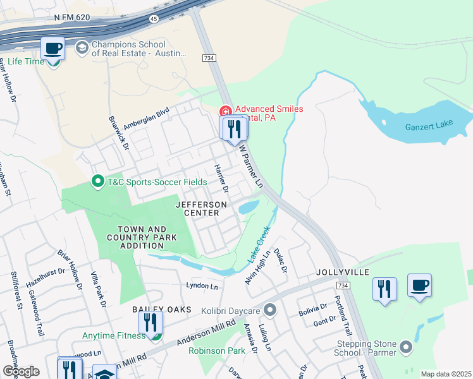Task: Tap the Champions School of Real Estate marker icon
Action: (82, 48)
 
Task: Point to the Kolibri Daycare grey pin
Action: (271, 310)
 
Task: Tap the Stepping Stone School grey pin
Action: (406, 347)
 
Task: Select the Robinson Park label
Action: (216, 350)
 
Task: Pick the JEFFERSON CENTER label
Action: (200, 209)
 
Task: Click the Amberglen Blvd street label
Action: (147, 117)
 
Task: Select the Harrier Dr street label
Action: (221, 179)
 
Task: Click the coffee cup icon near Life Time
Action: (53, 48)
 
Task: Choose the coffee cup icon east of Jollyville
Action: (419, 286)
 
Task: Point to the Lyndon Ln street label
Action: (202, 286)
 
